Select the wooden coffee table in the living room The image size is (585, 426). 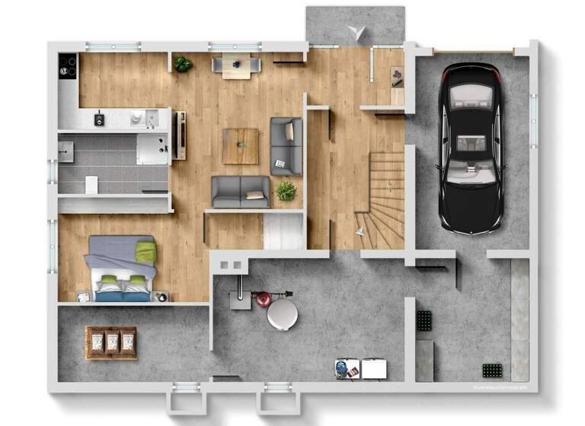point(241,145)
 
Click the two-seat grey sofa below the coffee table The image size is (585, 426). point(241,191)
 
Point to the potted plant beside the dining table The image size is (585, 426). point(183,65)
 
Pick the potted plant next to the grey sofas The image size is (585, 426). point(286,191)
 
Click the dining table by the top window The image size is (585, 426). point(236,66)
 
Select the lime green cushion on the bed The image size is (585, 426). point(145,250)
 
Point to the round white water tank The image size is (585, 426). point(283,313)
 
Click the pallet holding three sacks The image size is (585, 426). point(111,342)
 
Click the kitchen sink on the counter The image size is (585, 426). point(139,117)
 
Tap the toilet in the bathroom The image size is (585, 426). point(91,184)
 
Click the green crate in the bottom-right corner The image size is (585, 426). point(493,370)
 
